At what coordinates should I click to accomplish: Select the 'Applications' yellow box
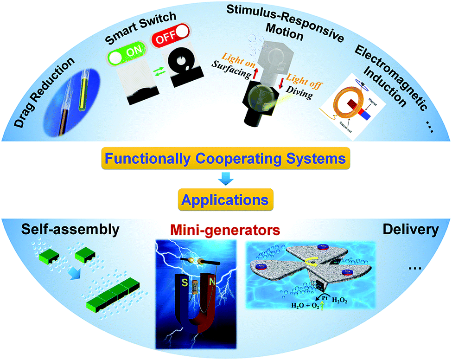tap(225, 200)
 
